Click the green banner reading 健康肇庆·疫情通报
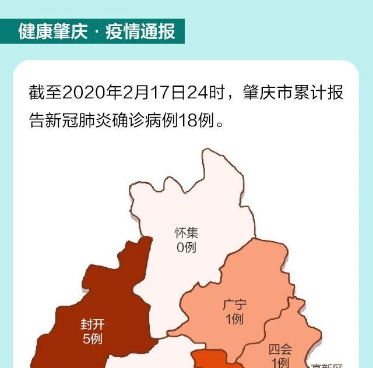click(x=93, y=31)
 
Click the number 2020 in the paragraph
click(x=81, y=93)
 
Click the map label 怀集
click(x=186, y=233)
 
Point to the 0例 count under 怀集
click(x=186, y=247)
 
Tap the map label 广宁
click(x=234, y=304)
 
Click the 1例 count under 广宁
click(x=234, y=319)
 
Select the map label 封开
click(x=92, y=324)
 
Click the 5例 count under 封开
click(x=92, y=338)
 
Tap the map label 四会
click(x=280, y=349)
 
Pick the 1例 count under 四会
click(x=280, y=362)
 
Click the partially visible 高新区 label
click(x=326, y=365)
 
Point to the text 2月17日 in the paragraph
click(x=153, y=93)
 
